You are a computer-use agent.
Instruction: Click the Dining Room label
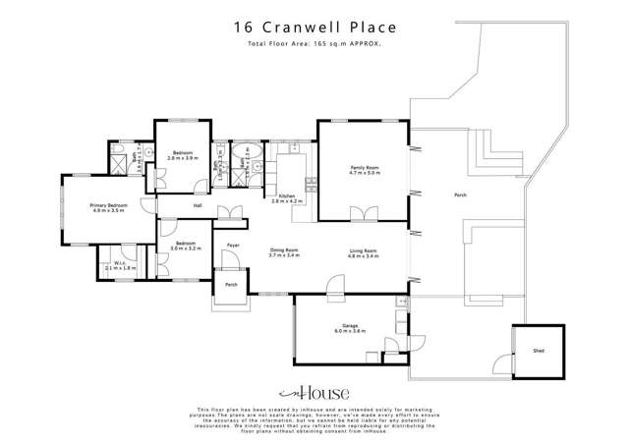(x=285, y=253)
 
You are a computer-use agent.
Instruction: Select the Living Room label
(x=364, y=253)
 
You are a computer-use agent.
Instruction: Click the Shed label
(x=539, y=351)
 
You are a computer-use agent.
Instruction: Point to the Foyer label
(x=234, y=245)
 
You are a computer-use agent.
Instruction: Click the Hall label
(x=198, y=206)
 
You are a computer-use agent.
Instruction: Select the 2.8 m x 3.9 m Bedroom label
(x=183, y=155)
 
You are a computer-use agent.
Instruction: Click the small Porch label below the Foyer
(x=232, y=285)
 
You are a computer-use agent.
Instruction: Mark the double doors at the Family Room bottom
(x=364, y=213)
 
